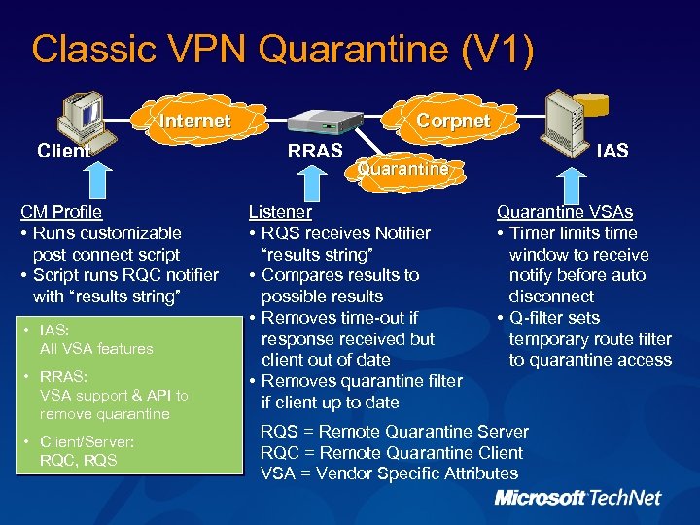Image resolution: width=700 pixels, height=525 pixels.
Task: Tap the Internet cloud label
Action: (x=194, y=122)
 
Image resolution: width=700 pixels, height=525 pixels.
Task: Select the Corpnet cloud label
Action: (x=453, y=122)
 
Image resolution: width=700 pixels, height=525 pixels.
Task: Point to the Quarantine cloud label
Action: (x=403, y=168)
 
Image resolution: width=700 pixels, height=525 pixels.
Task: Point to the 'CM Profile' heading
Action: (x=62, y=212)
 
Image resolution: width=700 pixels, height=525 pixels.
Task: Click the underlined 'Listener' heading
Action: (x=280, y=212)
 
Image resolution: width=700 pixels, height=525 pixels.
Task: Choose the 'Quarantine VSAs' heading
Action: (x=565, y=212)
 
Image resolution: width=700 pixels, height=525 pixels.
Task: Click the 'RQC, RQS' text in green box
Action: (x=78, y=460)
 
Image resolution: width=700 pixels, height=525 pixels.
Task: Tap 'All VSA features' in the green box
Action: (x=96, y=348)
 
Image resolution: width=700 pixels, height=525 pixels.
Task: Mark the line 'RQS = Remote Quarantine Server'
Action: (x=395, y=432)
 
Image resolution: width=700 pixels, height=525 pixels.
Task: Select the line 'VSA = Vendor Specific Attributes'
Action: (x=389, y=473)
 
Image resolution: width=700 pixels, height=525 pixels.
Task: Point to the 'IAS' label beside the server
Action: (x=612, y=151)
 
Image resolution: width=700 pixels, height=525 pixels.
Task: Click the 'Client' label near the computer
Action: (x=62, y=151)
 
